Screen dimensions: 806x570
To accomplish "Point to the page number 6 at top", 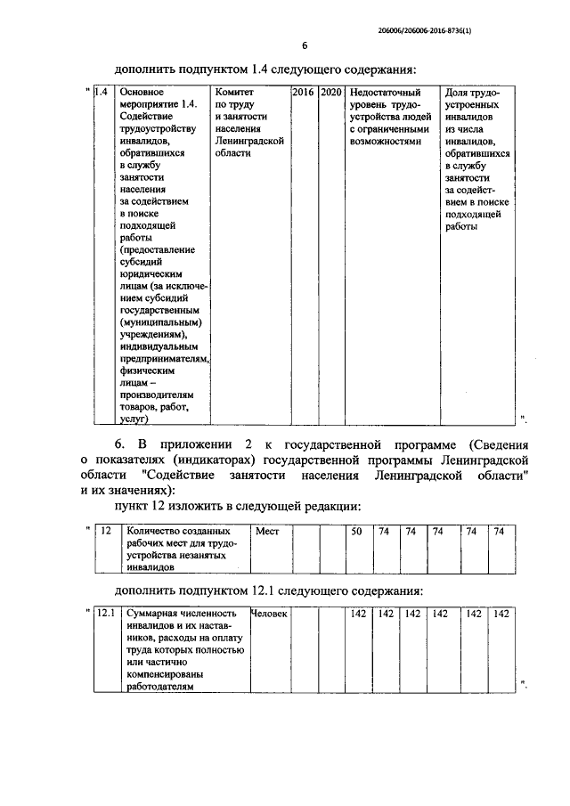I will (x=303, y=46).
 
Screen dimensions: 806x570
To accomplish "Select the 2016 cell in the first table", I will (x=303, y=92).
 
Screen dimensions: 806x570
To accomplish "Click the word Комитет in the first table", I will (x=235, y=92).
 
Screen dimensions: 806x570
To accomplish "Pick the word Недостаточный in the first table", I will (x=386, y=92).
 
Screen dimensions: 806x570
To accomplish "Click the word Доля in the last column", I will (x=457, y=92).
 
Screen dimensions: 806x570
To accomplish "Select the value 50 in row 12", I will (x=355, y=531).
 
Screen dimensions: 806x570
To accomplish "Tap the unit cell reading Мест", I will (x=268, y=531).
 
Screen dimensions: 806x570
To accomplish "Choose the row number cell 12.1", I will (x=107, y=614).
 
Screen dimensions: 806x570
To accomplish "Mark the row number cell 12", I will (x=105, y=531).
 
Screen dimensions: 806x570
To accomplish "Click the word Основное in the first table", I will (x=143, y=92).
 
